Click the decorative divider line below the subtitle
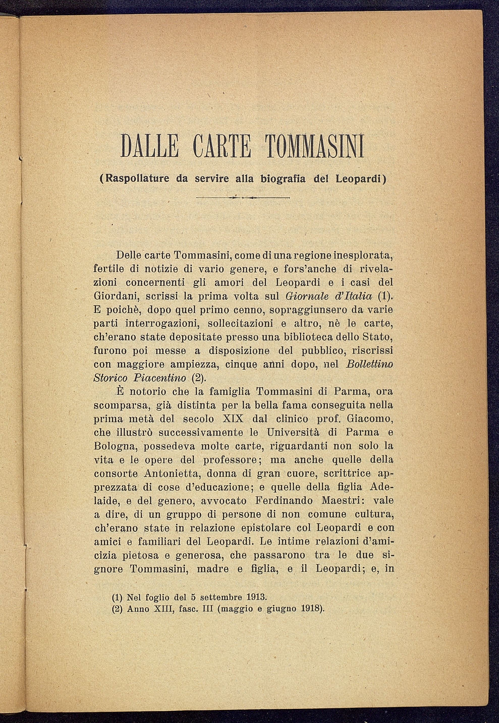tap(242, 197)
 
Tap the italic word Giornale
tap(302, 295)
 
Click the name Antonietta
tap(170, 473)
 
